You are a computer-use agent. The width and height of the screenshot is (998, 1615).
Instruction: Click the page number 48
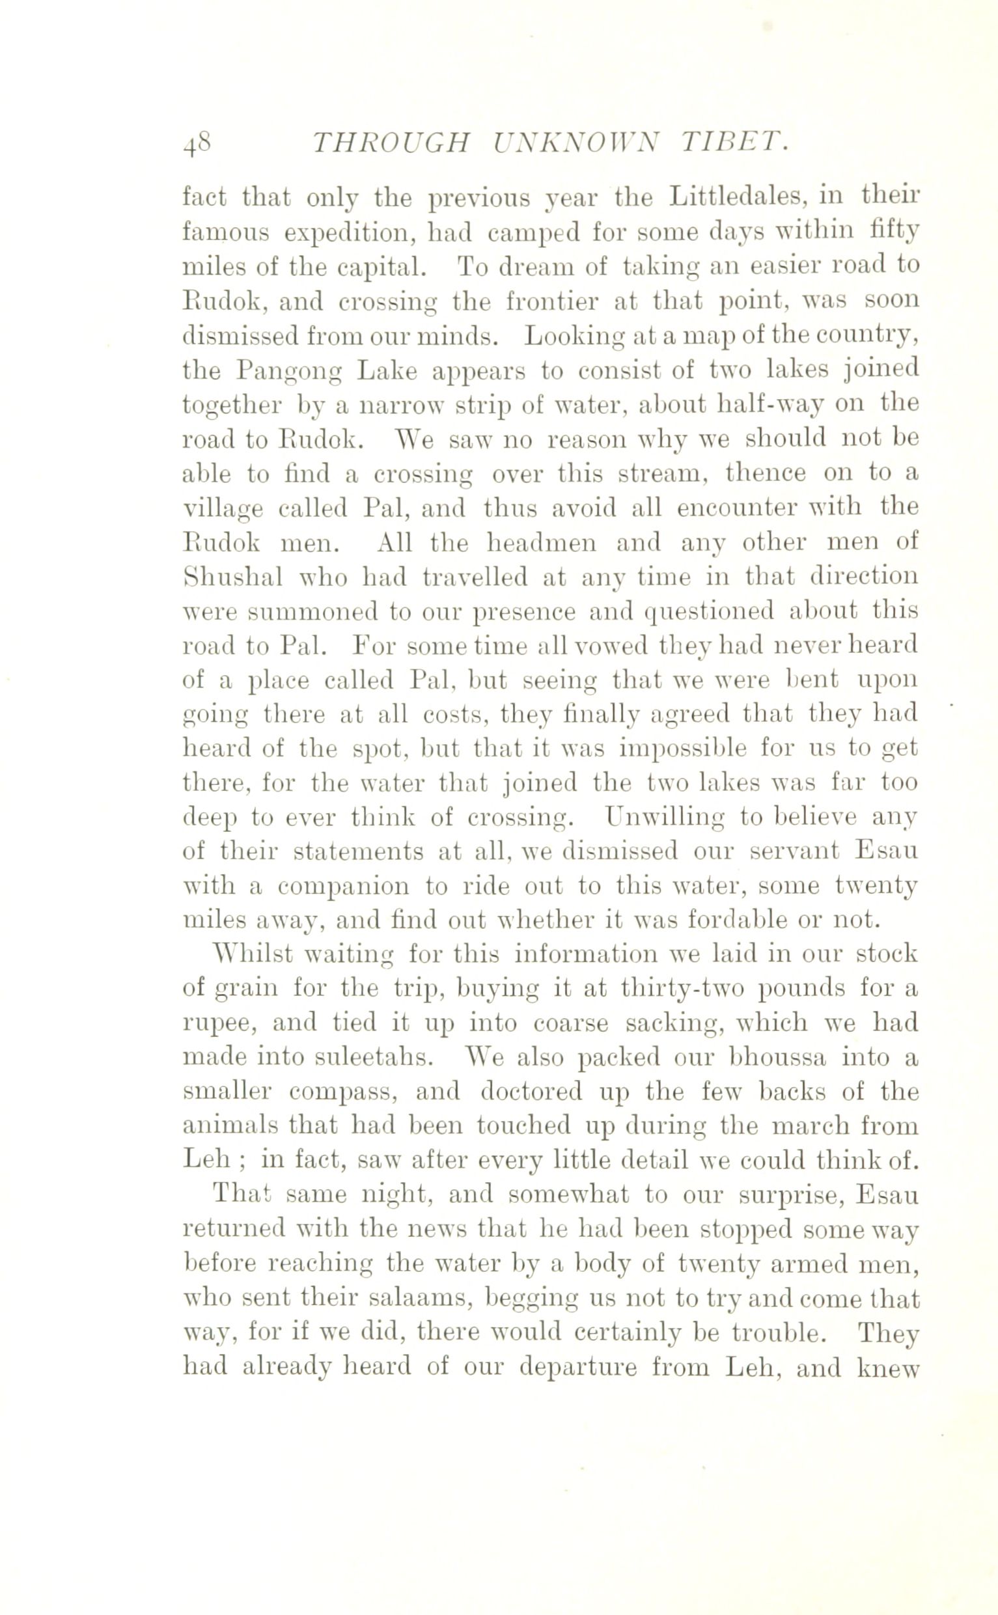tap(196, 143)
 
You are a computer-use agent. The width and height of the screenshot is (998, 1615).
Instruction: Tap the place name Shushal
tap(232, 577)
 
